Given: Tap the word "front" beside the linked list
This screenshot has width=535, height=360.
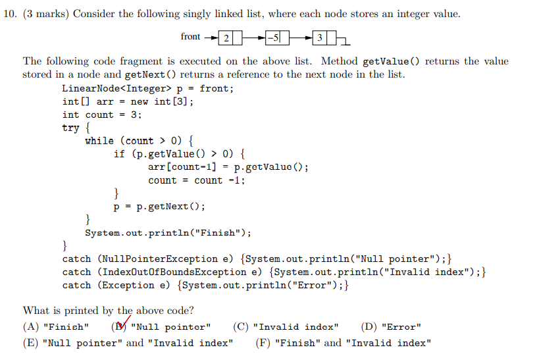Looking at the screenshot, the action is [190, 37].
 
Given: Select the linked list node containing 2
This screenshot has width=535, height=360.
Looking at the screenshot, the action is [226, 38].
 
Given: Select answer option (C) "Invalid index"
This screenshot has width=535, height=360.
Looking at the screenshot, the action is [286, 327].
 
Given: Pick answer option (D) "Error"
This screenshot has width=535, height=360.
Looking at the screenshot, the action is [391, 327].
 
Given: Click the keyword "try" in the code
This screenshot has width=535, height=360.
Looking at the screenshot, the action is [70, 128].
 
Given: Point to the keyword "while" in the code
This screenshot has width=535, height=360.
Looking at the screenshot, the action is [99, 141].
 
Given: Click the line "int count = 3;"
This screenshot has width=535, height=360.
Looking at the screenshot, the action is [101, 115].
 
